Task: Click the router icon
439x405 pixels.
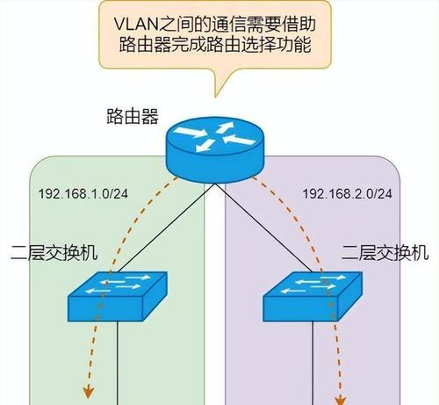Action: coord(215,149)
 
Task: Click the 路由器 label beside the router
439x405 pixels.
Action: coord(133,116)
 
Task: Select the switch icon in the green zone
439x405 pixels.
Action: coord(118,296)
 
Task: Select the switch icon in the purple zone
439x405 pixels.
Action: coord(313,296)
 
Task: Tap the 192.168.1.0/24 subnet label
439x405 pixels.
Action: coord(83,193)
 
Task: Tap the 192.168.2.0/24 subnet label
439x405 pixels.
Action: coord(347,193)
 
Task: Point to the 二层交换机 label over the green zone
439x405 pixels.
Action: coord(54,252)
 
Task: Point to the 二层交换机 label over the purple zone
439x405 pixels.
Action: coord(385,252)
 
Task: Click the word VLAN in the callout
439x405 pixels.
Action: coord(136,24)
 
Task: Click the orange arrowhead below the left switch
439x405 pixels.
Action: coord(88,393)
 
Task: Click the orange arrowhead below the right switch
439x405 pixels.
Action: coord(341,400)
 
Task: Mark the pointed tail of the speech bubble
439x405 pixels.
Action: coord(216,97)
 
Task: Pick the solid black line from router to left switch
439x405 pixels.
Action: coord(166,228)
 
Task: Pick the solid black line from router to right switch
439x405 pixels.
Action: coord(264,228)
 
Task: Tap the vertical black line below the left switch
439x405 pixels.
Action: coord(118,363)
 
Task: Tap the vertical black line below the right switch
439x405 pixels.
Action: coord(313,363)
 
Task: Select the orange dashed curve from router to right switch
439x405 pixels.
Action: coord(302,222)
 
